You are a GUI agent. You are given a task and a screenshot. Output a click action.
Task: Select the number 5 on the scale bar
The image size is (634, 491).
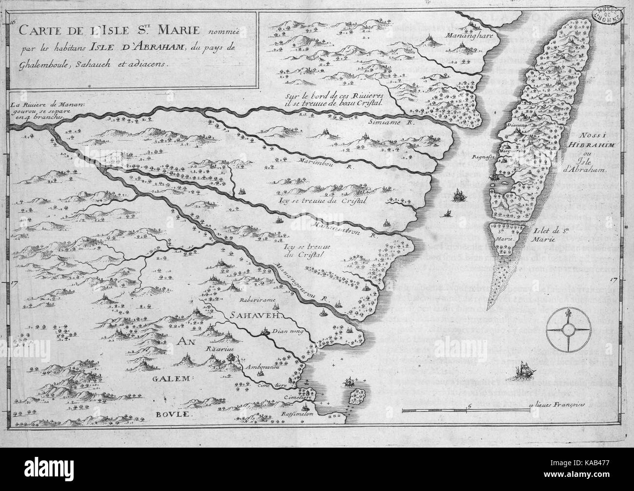click(468, 405)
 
